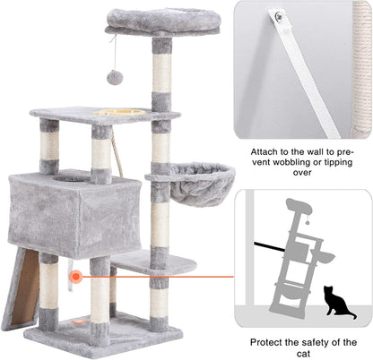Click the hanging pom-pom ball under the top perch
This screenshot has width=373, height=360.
pos(115,77)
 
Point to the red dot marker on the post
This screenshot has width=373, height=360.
pos(75,278)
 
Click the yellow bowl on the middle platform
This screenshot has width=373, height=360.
pos(115,113)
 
